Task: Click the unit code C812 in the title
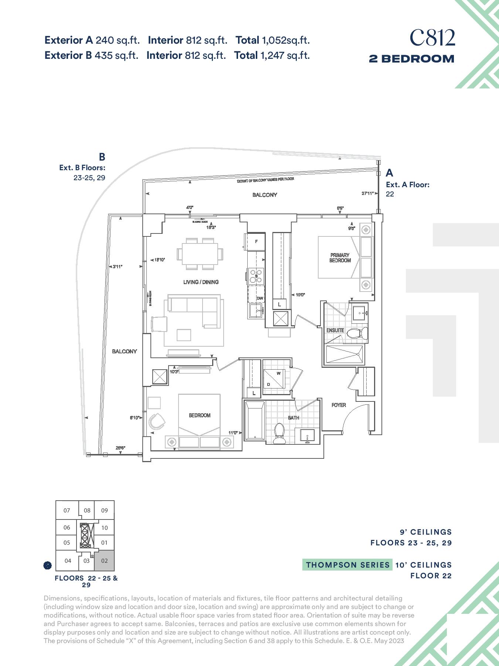click(x=432, y=38)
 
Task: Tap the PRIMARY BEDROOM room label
click(x=340, y=258)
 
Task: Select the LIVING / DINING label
click(x=201, y=282)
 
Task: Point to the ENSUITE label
click(x=335, y=330)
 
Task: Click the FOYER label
click(x=339, y=405)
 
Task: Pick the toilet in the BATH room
click(x=280, y=433)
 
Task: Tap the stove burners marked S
click(x=256, y=276)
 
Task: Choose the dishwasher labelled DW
click(x=260, y=298)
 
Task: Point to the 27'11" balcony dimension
click(x=368, y=193)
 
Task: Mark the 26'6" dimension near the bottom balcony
click(x=120, y=448)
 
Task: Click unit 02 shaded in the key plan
click(x=105, y=561)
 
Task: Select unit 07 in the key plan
click(x=67, y=511)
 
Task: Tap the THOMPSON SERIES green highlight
click(x=347, y=565)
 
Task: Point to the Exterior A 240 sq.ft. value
click(x=92, y=40)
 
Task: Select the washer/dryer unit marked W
click(x=274, y=378)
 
